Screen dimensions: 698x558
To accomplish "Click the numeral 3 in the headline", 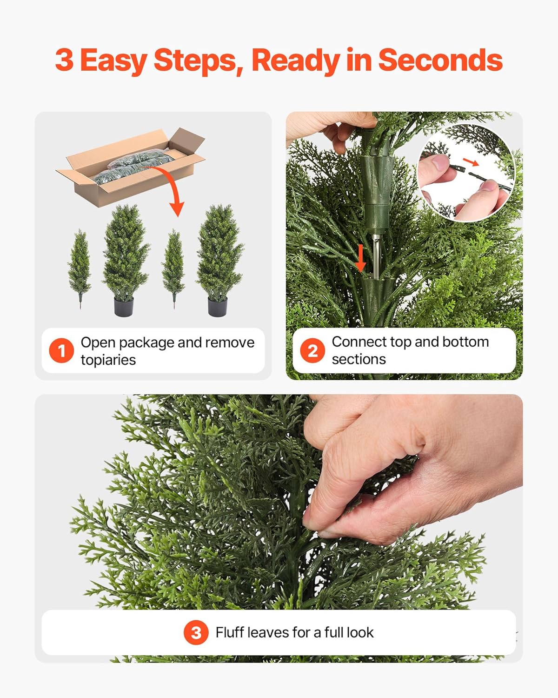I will pos(64,60).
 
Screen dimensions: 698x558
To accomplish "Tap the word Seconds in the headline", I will pos(440,60).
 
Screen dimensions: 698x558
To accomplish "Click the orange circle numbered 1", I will pos(61,351).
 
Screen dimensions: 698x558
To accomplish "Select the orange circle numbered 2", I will pos(312,350).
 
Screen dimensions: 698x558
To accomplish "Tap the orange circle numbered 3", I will pos(196,632).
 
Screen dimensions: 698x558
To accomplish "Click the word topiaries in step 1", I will pos(108,360).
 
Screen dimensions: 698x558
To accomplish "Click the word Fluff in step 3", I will pos(229,632).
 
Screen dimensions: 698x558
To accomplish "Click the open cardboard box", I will pos(130,170).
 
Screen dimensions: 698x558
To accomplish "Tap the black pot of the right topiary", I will pos(217,307).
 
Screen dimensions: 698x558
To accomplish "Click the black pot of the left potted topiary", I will pos(124,307).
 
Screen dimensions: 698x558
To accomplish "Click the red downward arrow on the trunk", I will pos(360,258).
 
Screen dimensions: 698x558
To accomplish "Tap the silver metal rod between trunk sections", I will pos(376,254).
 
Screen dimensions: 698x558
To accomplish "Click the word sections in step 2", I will pos(359,360).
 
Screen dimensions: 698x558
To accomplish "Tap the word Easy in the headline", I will pos(113,60).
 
